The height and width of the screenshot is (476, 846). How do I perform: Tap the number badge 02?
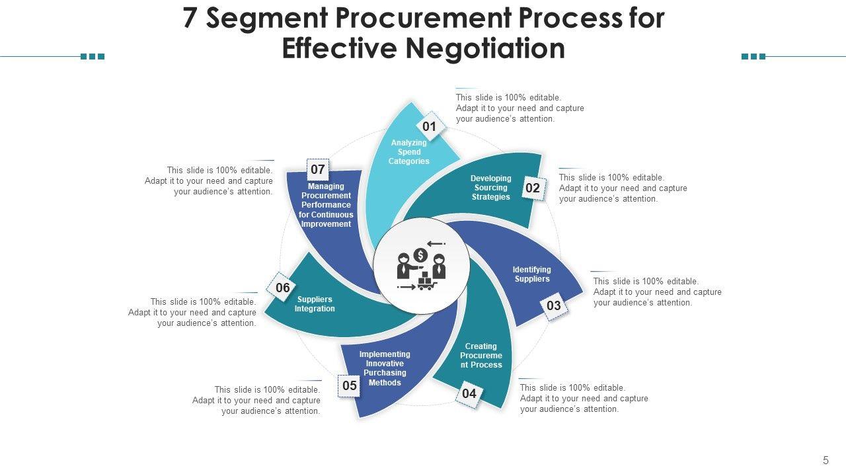533,188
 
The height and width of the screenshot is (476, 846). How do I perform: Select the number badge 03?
554,305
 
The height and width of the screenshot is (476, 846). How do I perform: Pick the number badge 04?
469,394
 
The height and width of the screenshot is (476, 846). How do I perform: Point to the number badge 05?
350,385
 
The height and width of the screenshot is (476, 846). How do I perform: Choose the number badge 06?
283,288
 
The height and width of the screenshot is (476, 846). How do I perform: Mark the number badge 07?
318,169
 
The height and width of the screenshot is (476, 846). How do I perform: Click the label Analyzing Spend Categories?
409,152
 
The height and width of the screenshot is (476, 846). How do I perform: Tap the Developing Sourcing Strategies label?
491,188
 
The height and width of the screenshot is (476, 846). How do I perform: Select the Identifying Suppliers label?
532,274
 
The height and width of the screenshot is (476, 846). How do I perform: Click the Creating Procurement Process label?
481,356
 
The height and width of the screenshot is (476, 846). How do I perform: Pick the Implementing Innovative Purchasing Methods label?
385,368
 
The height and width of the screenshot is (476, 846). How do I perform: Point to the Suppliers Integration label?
315,304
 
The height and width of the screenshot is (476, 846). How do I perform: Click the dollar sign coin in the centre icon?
420,255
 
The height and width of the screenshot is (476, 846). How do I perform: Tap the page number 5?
826,460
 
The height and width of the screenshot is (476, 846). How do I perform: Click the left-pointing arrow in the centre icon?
436,244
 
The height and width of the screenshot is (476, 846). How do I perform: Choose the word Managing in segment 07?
326,186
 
